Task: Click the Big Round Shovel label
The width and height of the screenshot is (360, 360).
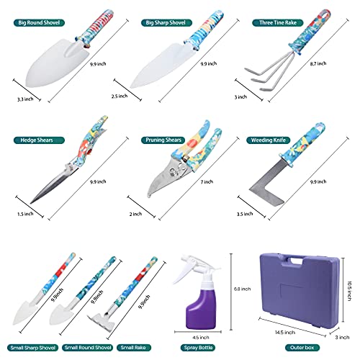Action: click(x=39, y=23)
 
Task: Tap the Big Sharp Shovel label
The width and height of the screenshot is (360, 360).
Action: click(x=166, y=23)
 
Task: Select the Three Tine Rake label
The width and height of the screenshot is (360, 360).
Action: click(x=278, y=23)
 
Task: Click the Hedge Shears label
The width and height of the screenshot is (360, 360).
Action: click(x=39, y=140)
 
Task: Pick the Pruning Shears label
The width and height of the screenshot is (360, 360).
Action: click(x=163, y=140)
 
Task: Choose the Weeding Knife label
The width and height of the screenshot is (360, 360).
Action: click(x=269, y=140)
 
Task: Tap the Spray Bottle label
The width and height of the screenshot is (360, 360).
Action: click(x=198, y=348)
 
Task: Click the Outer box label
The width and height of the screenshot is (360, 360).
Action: click(x=302, y=348)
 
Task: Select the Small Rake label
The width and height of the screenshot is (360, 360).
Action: click(x=134, y=348)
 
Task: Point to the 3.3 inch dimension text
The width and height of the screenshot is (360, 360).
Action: click(x=25, y=99)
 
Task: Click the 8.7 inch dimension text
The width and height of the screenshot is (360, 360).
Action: click(x=318, y=63)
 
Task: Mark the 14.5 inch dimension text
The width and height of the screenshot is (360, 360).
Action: click(x=285, y=333)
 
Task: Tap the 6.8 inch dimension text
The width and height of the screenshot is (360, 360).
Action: click(x=242, y=289)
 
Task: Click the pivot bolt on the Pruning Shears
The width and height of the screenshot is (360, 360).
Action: click(x=172, y=171)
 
